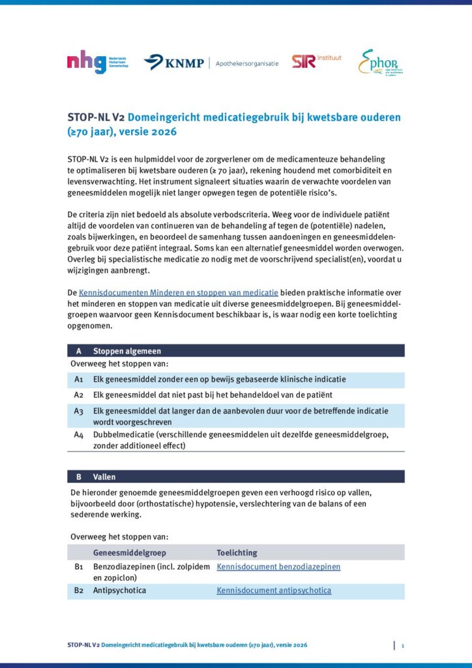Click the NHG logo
click(x=97, y=63)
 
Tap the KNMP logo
click(x=174, y=63)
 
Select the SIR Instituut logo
click(x=317, y=62)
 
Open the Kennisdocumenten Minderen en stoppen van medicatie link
click(x=179, y=292)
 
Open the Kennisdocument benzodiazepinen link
click(x=278, y=567)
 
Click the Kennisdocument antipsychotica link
click(x=274, y=590)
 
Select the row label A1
click(x=79, y=379)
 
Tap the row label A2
click(x=79, y=395)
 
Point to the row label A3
click(x=79, y=411)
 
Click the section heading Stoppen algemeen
click(x=127, y=351)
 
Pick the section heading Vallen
click(x=104, y=477)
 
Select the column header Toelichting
click(x=237, y=553)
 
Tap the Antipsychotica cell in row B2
click(x=119, y=590)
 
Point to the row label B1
click(x=79, y=567)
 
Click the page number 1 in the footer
click(x=403, y=645)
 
